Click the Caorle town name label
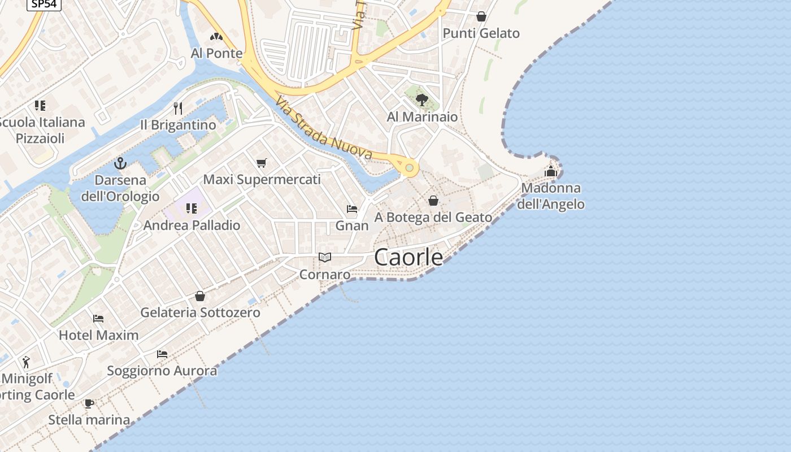pos(408,257)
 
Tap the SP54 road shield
pos(44,3)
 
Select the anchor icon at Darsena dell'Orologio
pos(120,164)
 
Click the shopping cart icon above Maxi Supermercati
pos(261,163)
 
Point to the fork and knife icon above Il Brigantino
pos(178,108)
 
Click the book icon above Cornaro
pos(324,258)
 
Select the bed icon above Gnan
pos(352,209)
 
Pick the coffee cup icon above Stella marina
pos(89,403)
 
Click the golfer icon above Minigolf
pos(27,362)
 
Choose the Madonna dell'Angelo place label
pos(551,196)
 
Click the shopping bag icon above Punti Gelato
pos(481,16)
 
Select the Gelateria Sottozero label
pos(200,312)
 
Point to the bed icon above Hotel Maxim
pos(98,319)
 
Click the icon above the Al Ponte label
pos(216,37)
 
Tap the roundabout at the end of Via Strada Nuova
pos(409,167)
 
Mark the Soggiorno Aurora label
pos(162,371)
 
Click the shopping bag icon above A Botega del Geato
pos(433,201)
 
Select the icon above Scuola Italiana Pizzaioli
pos(40,105)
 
